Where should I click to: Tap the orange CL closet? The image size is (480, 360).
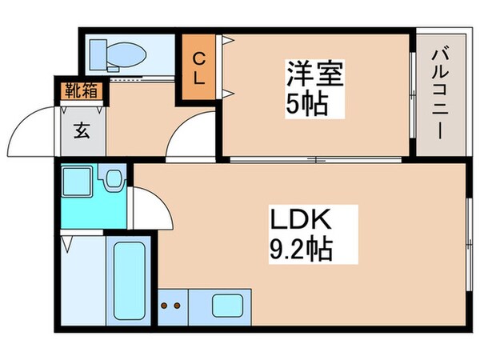point(198,68)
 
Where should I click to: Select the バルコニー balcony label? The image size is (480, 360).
point(438,94)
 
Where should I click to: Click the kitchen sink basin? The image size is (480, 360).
point(228,305)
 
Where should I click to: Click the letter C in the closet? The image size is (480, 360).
point(198,57)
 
